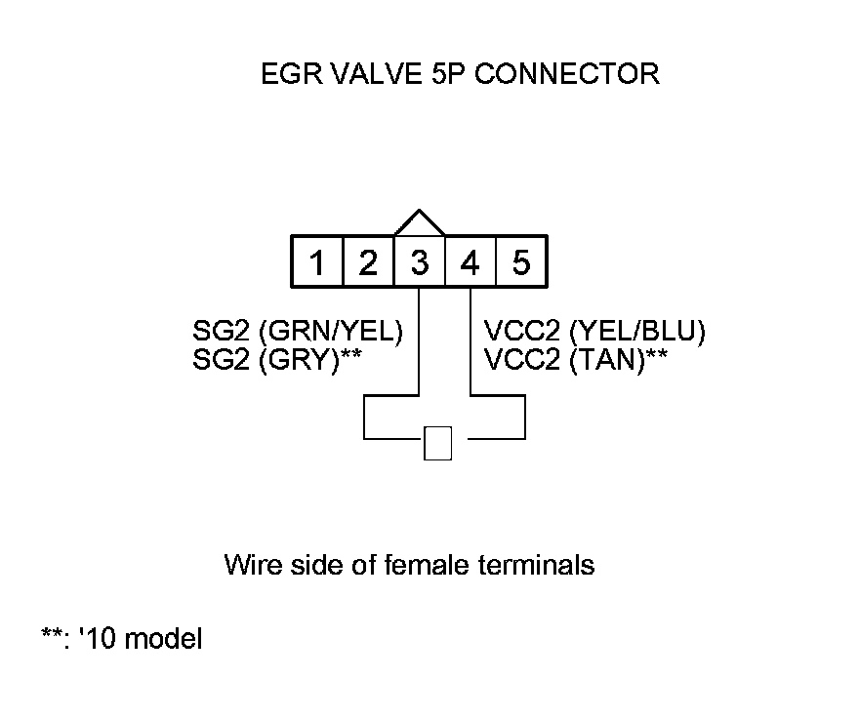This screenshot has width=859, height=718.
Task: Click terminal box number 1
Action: click(x=317, y=262)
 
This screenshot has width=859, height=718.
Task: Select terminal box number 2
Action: click(x=368, y=262)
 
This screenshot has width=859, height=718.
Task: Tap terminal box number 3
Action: click(x=419, y=262)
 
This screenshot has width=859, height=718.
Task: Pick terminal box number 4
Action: click(x=470, y=262)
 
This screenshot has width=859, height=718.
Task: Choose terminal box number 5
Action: click(x=521, y=262)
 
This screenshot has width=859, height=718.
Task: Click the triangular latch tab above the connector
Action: click(x=420, y=223)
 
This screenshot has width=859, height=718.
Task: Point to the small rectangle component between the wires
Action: click(x=438, y=443)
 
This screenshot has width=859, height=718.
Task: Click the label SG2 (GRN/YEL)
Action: click(x=300, y=331)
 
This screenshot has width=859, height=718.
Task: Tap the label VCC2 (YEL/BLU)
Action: click(x=594, y=331)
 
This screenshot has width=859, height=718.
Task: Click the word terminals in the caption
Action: click(x=540, y=564)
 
